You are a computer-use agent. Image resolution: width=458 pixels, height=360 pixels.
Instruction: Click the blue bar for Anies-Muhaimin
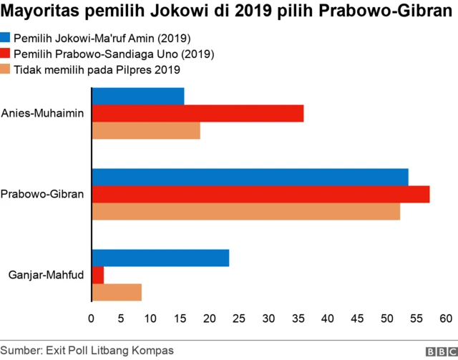coord(138,96)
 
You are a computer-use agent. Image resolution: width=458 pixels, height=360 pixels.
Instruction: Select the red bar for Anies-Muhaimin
coord(198,113)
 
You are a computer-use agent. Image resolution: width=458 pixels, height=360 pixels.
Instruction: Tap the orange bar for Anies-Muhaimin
coord(146,131)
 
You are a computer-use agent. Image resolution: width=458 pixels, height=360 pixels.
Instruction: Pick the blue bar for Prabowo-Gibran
coord(250,177)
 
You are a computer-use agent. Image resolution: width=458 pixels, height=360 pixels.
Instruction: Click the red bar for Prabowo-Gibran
coord(260,194)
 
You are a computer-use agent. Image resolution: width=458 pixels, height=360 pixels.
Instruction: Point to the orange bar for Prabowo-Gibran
coord(245,212)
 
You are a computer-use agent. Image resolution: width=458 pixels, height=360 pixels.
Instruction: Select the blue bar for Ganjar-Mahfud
coord(160,258)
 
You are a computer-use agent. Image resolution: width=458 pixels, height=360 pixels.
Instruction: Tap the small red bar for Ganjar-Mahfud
coord(98,275)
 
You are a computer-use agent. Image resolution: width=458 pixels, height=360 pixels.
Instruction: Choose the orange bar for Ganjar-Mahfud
coord(117,293)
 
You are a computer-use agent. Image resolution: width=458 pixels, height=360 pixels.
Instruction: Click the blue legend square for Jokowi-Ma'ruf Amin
coord(5,38)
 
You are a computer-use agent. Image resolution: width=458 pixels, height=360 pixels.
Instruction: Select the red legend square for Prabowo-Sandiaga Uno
coord(5,54)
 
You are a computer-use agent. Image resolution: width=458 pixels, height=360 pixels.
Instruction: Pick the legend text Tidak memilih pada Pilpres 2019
coord(97,69)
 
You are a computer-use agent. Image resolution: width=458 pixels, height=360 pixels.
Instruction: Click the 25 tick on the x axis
coord(240,318)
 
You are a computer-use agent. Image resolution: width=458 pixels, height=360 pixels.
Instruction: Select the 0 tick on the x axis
coord(92,318)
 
